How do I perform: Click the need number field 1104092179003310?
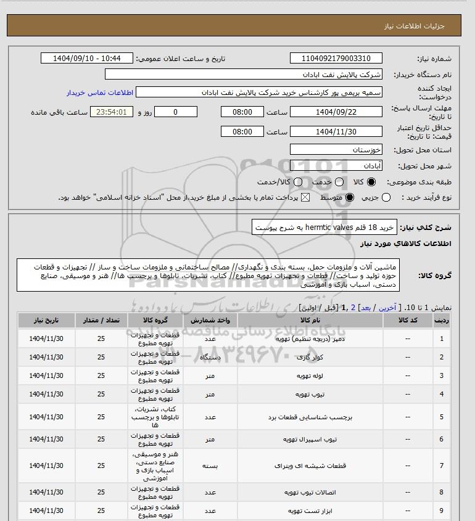(336, 59)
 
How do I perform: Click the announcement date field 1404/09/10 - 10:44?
(86, 59)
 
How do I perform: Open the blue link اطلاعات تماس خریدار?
(99, 92)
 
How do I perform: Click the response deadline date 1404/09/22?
(336, 112)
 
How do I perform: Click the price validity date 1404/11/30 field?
(336, 132)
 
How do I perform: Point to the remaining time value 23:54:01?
(112, 112)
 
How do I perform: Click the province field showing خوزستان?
(336, 150)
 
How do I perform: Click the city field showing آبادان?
(336, 166)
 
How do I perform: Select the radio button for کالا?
(371, 183)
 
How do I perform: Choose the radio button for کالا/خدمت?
(299, 183)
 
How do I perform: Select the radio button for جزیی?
(387, 197)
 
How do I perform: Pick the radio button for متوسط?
(350, 197)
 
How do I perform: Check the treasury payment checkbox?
(306, 197)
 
